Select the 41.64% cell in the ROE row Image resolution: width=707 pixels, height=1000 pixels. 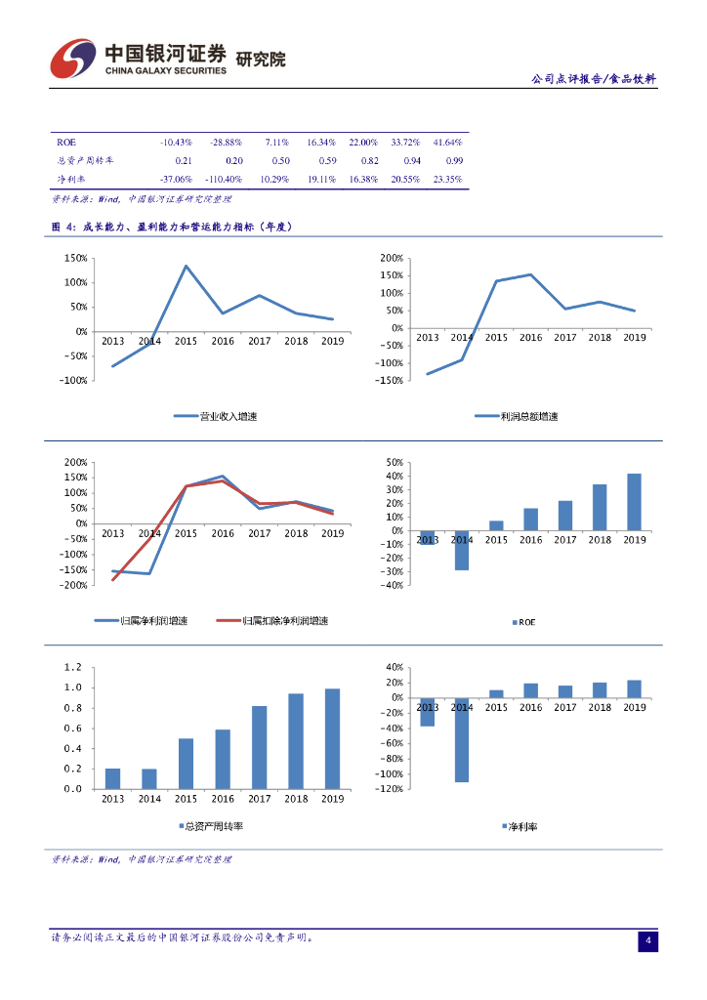pyautogui.click(x=447, y=143)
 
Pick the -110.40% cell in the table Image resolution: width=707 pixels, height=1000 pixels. pyautogui.click(x=221, y=180)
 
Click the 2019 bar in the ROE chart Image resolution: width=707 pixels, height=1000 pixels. pyautogui.click(x=634, y=502)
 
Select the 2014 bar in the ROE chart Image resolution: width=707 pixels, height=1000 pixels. pyautogui.click(x=462, y=551)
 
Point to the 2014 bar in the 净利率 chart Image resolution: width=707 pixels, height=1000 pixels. pyautogui.click(x=462, y=739)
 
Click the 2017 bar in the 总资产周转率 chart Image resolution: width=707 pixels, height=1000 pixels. pyautogui.click(x=259, y=747)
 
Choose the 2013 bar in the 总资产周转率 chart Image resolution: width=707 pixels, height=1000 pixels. pyautogui.click(x=112, y=778)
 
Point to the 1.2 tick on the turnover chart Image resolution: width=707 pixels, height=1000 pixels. pyautogui.click(x=72, y=667)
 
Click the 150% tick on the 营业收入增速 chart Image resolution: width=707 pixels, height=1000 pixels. pyautogui.click(x=75, y=258)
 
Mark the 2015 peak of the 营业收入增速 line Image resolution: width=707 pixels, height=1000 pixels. pyautogui.click(x=186, y=266)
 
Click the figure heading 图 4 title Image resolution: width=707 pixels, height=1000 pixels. pyautogui.click(x=172, y=227)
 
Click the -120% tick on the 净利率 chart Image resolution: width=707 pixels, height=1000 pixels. pyautogui.click(x=391, y=789)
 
